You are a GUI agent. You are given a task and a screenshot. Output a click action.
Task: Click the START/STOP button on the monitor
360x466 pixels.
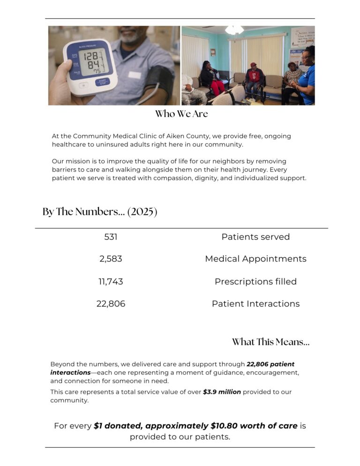tap(102, 83)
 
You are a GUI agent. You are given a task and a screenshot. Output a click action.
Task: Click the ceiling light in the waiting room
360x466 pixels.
tap(234, 30)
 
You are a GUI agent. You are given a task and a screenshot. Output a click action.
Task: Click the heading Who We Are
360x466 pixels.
tap(181, 114)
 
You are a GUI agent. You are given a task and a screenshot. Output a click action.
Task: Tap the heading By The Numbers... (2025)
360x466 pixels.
tap(100, 212)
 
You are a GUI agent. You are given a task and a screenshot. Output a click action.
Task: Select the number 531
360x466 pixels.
tap(111, 237)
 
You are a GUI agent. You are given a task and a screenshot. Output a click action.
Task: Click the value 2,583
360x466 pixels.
tap(111, 259)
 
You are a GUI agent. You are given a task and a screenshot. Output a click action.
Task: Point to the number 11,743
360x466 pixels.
tap(111, 282)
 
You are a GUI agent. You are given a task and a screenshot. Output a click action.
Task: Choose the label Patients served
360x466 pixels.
tap(255, 237)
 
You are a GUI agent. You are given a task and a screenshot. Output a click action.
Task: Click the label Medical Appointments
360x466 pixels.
tap(255, 259)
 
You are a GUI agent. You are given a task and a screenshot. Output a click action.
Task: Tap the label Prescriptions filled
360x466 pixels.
tap(255, 282)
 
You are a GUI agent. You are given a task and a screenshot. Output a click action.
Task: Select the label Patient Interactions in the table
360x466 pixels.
tap(255, 304)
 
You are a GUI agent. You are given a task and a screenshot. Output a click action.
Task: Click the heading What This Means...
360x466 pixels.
tap(270, 342)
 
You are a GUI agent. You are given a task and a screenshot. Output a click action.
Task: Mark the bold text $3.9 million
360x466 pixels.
tap(222, 392)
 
